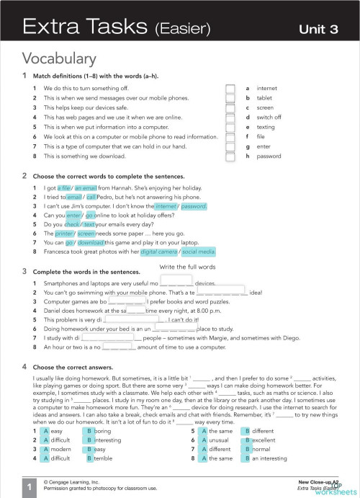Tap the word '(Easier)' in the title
point(180,29)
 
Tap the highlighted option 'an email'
point(86,187)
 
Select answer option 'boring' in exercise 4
point(105,430)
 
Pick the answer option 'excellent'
point(264,440)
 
